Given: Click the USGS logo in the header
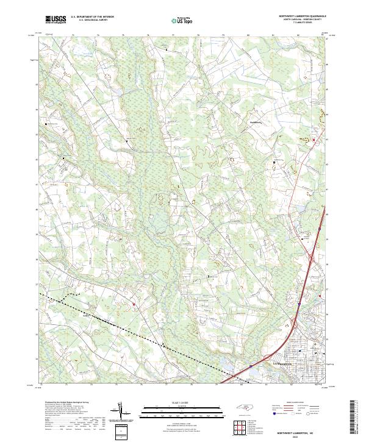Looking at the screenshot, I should point(56,20).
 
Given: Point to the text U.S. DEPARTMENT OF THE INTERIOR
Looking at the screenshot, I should point(92,16).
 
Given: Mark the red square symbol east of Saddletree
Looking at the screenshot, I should point(315,141).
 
